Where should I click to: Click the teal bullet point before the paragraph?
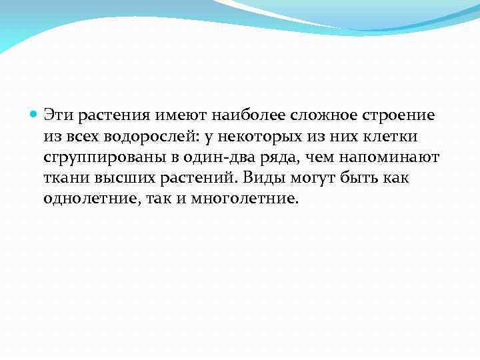click(35, 115)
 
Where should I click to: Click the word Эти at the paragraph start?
click(58, 115)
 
